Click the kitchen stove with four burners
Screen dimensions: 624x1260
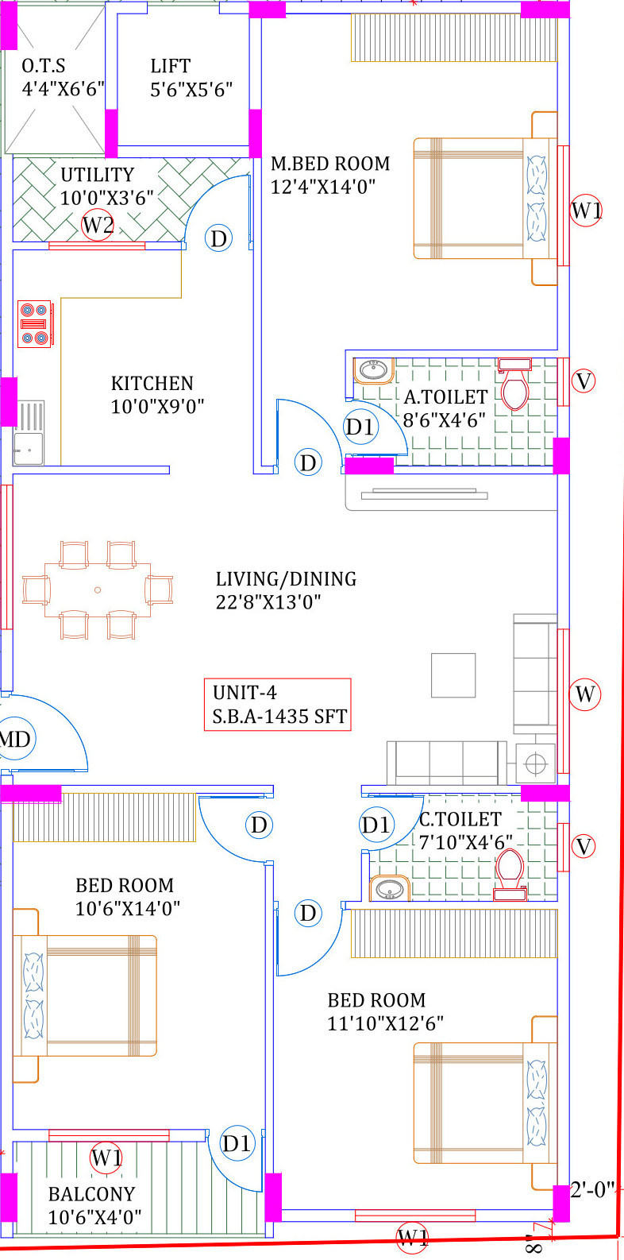click(x=35, y=324)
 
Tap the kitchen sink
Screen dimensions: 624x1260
click(x=29, y=432)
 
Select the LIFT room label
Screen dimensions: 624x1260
click(x=171, y=66)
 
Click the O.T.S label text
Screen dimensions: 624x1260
click(x=44, y=66)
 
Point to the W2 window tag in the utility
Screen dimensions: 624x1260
click(x=98, y=225)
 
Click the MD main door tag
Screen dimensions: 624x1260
click(x=16, y=739)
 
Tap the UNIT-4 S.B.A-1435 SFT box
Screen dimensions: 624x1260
click(x=278, y=704)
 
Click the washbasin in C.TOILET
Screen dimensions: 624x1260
click(x=389, y=889)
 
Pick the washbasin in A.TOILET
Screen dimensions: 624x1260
click(x=373, y=370)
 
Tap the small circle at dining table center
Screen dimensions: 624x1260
click(x=98, y=590)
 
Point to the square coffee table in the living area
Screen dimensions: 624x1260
click(x=453, y=675)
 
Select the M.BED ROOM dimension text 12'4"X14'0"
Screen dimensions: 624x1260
click(x=323, y=187)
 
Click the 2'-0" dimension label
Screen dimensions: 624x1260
click(x=592, y=1189)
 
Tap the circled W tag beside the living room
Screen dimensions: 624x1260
click(x=584, y=694)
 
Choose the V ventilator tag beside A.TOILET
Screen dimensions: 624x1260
click(x=584, y=381)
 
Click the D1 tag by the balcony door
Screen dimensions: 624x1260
click(x=237, y=1143)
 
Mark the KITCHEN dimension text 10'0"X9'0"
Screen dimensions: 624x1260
click(x=157, y=407)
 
